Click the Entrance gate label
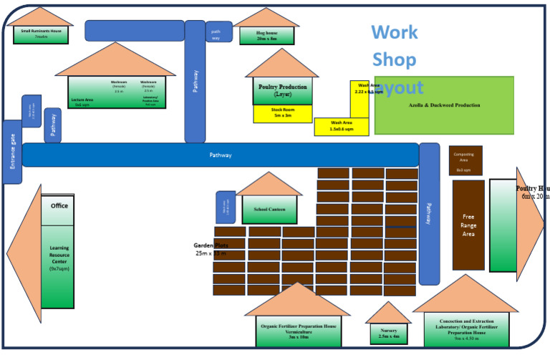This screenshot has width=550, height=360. pyautogui.click(x=12, y=152)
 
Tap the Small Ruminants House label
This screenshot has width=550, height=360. pyautogui.click(x=41, y=34)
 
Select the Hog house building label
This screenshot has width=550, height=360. pyautogui.click(x=266, y=35)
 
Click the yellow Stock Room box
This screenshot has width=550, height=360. pyautogui.click(x=281, y=112)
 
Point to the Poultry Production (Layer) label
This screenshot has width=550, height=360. pyautogui.click(x=282, y=90)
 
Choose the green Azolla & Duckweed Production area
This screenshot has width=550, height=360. pyautogui.click(x=453, y=105)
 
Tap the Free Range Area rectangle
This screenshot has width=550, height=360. pyautogui.click(x=468, y=225)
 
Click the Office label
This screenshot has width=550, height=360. pyautogui.click(x=59, y=206)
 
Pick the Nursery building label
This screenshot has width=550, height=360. pyautogui.click(x=389, y=333)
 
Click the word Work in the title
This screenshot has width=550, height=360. pyautogui.click(x=394, y=32)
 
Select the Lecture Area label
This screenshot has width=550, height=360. pyautogui.click(x=85, y=100)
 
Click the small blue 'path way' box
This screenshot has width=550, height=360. pyautogui.click(x=216, y=34)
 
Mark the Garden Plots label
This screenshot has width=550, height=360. pyautogui.click(x=211, y=249)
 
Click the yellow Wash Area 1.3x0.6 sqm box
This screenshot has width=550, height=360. pyautogui.click(x=341, y=126)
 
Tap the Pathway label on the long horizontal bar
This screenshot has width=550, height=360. pyautogui.click(x=220, y=155)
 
